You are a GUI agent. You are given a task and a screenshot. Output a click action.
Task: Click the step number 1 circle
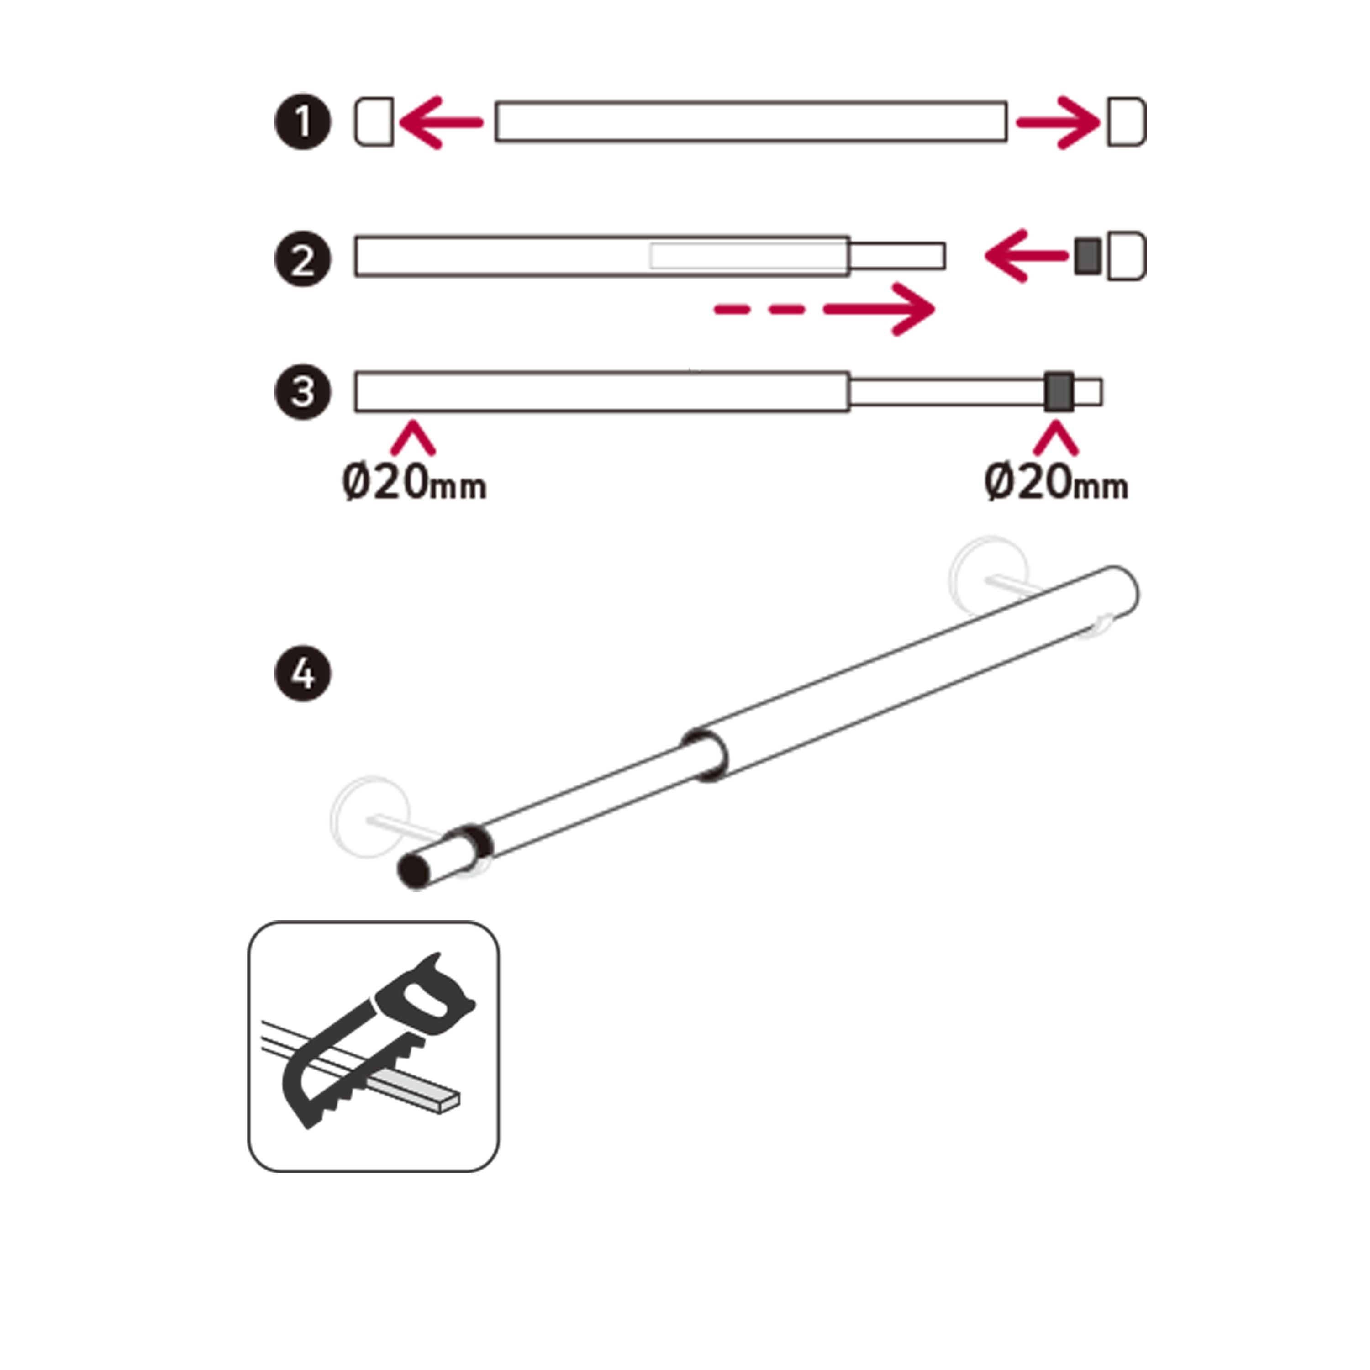coord(303,122)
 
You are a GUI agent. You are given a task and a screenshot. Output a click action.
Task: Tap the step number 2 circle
coord(303,259)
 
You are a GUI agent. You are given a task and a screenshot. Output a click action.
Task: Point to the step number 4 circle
coord(303,673)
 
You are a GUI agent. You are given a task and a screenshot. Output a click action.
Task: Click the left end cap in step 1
coord(374,122)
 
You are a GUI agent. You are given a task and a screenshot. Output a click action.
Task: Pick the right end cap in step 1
coord(1126,122)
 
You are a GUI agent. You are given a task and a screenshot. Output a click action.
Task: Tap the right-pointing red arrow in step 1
coord(1058,123)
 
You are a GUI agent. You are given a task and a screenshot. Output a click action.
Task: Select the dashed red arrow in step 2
coord(825,309)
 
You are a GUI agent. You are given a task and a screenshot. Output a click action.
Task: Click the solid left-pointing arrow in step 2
coord(1027,256)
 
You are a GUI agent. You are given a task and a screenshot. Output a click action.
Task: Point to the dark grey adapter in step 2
coord(1088,257)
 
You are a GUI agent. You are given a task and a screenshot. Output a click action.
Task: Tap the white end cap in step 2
coord(1126,256)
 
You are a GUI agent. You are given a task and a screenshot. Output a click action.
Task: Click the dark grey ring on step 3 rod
coord(1059,391)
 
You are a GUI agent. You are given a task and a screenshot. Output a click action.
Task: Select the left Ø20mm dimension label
coord(415,483)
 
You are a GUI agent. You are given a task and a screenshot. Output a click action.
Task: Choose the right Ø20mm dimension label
coord(1057,483)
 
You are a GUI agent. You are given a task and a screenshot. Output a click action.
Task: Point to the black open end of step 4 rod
coord(413,871)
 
